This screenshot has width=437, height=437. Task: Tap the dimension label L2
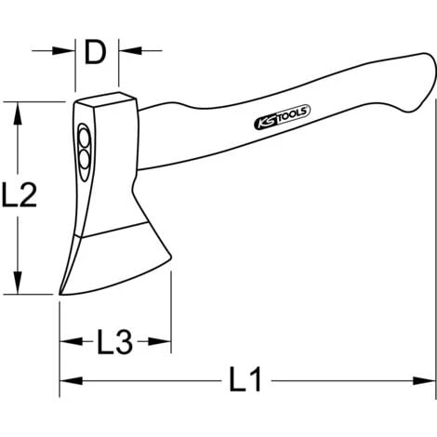[x=20, y=195]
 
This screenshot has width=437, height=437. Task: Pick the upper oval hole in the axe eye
[x=84, y=142]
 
